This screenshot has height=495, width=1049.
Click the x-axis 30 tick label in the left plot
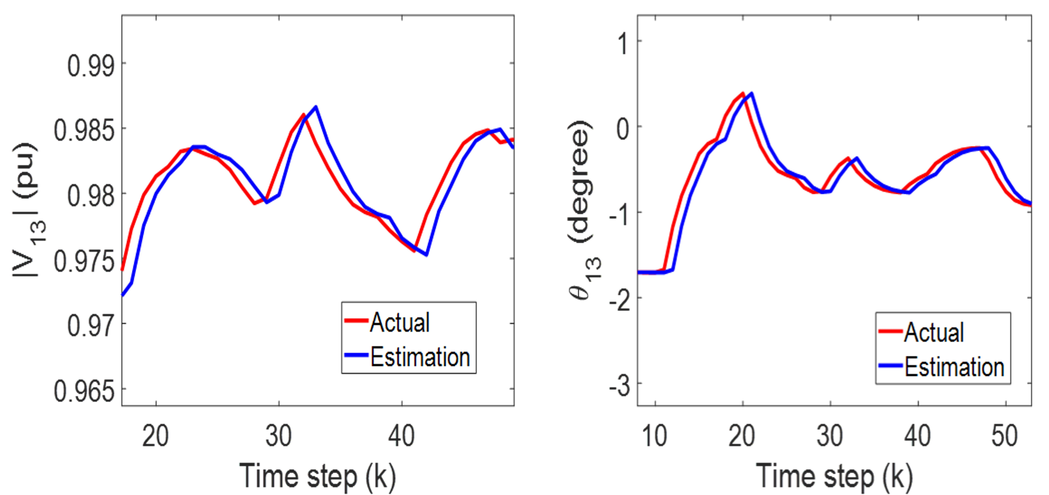(279, 436)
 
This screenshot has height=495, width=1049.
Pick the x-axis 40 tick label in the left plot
(402, 436)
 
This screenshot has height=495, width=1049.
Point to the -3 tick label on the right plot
(619, 386)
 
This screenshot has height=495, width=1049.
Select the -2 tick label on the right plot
(619, 300)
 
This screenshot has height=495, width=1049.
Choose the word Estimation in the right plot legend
(954, 367)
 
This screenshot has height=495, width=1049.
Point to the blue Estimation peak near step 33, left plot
(316, 107)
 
